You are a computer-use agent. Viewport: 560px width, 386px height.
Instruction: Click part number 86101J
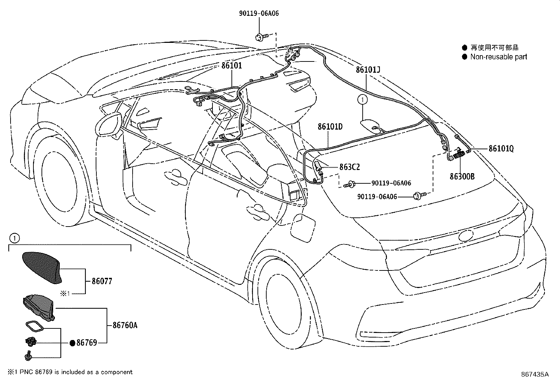(x=368, y=70)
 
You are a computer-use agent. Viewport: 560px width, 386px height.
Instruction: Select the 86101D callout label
(x=330, y=126)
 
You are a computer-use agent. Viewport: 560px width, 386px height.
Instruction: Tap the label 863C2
(x=349, y=167)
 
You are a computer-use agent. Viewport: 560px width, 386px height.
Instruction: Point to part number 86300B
(x=462, y=176)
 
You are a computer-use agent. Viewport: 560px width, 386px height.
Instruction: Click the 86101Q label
(x=501, y=149)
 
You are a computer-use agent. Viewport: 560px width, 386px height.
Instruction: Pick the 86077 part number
(x=102, y=281)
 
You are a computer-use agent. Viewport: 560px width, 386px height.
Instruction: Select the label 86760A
(x=125, y=325)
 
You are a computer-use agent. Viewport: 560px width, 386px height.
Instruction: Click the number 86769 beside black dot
(x=87, y=343)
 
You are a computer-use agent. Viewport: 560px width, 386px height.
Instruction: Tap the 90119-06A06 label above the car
(x=259, y=14)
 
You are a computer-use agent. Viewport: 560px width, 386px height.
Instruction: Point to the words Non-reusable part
(x=498, y=57)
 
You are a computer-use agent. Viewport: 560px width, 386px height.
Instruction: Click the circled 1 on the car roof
(x=363, y=100)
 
